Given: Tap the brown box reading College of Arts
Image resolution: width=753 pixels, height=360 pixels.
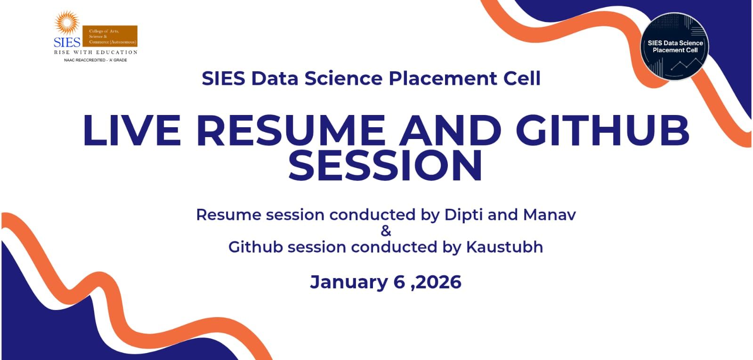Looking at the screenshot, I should click(113, 36).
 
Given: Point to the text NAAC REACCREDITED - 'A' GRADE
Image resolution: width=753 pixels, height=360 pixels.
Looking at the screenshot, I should click(96, 60).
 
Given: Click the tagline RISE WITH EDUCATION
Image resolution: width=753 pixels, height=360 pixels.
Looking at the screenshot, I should click(96, 52).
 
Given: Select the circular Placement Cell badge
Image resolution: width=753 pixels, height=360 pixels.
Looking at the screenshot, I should click(675, 46).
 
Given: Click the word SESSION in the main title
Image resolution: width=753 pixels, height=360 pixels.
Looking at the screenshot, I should click(385, 165).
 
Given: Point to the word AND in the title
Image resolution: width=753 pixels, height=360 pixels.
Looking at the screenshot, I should click(450, 131).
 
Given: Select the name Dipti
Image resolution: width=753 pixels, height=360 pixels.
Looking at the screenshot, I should click(463, 215).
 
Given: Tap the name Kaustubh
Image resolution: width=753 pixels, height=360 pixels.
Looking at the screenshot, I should click(504, 247).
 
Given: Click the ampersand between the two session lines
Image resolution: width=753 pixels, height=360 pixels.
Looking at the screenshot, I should click(386, 231).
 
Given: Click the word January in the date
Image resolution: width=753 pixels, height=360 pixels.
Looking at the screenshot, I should click(348, 282).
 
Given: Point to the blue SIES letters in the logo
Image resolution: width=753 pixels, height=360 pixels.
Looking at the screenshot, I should click(67, 41).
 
